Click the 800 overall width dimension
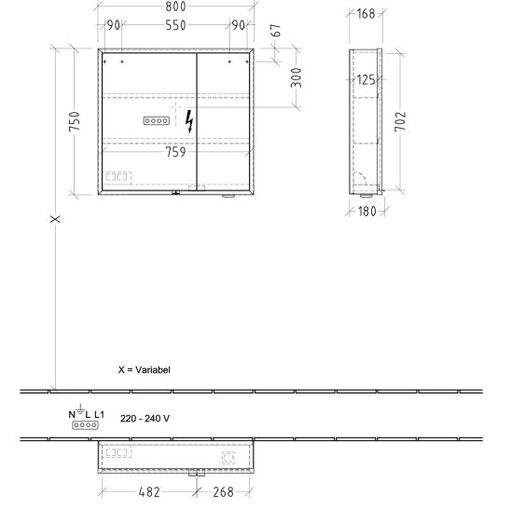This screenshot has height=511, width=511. pyautogui.click(x=175, y=7)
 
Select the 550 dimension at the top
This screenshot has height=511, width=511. pyautogui.click(x=175, y=25)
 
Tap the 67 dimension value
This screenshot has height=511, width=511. pyautogui.click(x=276, y=31)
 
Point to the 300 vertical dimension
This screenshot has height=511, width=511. pyautogui.click(x=297, y=78)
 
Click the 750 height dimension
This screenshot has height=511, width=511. pyautogui.click(x=75, y=121)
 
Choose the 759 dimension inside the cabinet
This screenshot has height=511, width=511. pyautogui.click(x=175, y=152)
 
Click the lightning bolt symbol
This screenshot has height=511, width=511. pyautogui.click(x=189, y=121)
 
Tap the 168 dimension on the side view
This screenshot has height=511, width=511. pyautogui.click(x=366, y=14)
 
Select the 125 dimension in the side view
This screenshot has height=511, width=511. pyautogui.click(x=366, y=80)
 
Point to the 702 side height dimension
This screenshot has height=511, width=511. pyautogui.click(x=400, y=121)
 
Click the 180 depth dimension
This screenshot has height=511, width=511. pyautogui.click(x=367, y=212)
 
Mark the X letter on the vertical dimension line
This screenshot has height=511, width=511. pyautogui.click(x=55, y=219)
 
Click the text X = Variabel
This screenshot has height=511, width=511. pyautogui.click(x=144, y=370)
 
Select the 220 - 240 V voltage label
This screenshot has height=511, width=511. pyautogui.click(x=145, y=419)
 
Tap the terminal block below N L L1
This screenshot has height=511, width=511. pyautogui.click(x=85, y=425)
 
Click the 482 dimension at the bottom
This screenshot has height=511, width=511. pyautogui.click(x=149, y=492)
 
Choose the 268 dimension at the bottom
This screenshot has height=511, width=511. pyautogui.click(x=223, y=492)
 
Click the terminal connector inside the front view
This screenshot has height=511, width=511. pyautogui.click(x=157, y=121)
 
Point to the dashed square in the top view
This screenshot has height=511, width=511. pyautogui.click(x=228, y=458)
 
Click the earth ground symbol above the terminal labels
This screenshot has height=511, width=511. pyautogui.click(x=80, y=408)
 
